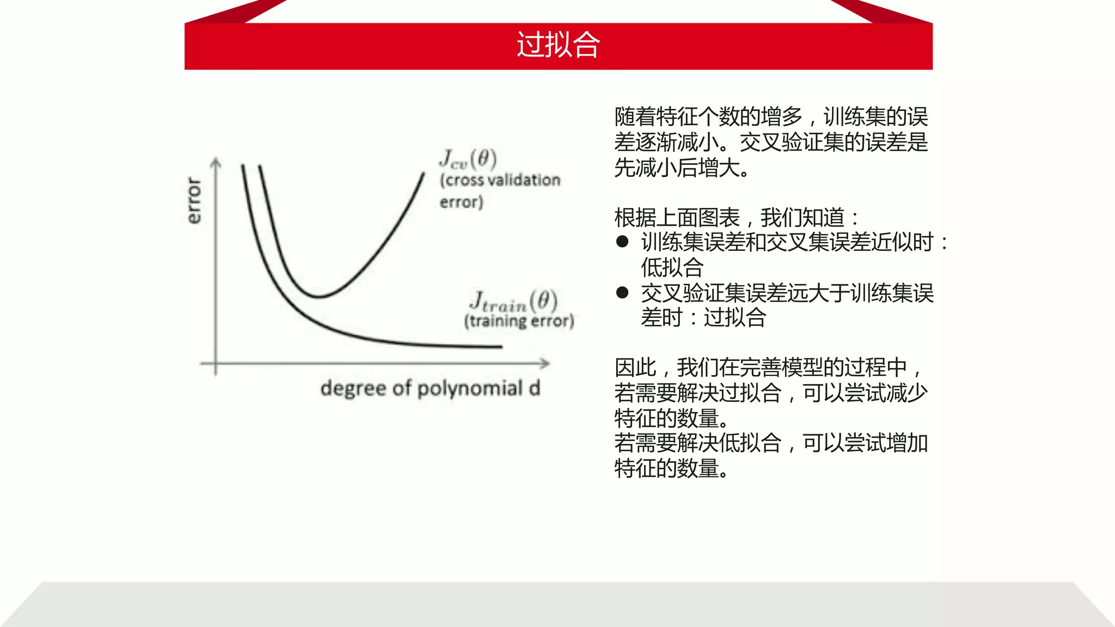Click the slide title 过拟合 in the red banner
(558, 45)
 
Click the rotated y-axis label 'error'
(194, 200)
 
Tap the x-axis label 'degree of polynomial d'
(430, 389)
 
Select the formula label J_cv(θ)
(468, 159)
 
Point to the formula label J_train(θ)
(514, 301)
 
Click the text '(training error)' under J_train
(519, 321)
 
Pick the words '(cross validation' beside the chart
(500, 180)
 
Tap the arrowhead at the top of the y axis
(216, 162)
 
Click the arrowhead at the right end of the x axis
(546, 363)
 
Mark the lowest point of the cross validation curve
(318, 297)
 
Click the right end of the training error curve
(501, 346)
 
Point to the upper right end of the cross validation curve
(424, 173)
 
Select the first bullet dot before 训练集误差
(622, 242)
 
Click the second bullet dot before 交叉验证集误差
(622, 293)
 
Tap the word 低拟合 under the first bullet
(672, 267)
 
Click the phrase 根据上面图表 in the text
(677, 218)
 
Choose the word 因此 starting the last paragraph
(635, 367)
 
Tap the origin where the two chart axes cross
(216, 363)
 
